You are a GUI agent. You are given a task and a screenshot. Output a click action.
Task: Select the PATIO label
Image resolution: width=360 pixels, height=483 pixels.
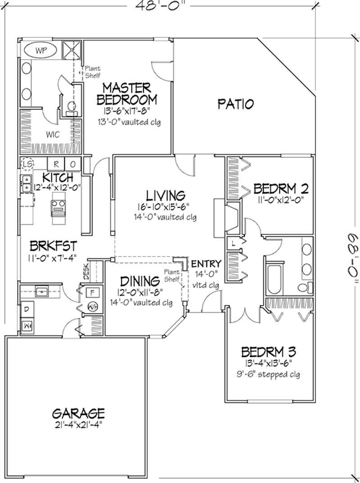(x=235, y=104)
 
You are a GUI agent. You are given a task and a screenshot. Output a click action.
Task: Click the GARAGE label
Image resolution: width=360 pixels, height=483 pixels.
(x=78, y=412)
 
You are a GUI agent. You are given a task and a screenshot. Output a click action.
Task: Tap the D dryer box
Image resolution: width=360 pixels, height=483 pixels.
(x=27, y=310)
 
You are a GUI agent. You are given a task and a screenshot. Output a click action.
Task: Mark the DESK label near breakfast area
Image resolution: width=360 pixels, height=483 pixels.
(x=85, y=271)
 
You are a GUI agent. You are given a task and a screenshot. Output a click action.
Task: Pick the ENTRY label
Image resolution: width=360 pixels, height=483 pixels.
(x=206, y=264)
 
